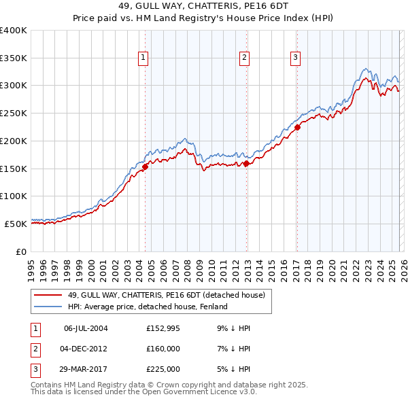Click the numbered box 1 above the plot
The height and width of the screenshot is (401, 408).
[x=144, y=58]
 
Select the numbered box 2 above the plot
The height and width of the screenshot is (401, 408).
[x=244, y=58]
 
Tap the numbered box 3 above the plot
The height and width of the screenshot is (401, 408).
[x=296, y=58]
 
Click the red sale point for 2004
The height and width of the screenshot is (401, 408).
[x=145, y=165]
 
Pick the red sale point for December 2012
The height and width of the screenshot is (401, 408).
[x=246, y=162]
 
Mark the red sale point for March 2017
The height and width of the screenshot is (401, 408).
[x=297, y=126]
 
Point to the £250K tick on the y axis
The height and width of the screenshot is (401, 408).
[x=14, y=114]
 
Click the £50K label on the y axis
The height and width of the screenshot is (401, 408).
[x=16, y=224]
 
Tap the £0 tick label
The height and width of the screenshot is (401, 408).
[x=21, y=251]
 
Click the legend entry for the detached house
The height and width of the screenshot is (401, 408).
[x=170, y=295]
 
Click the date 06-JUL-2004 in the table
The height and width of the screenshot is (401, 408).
[x=86, y=328]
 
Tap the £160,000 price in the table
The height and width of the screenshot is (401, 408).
[x=163, y=349]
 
